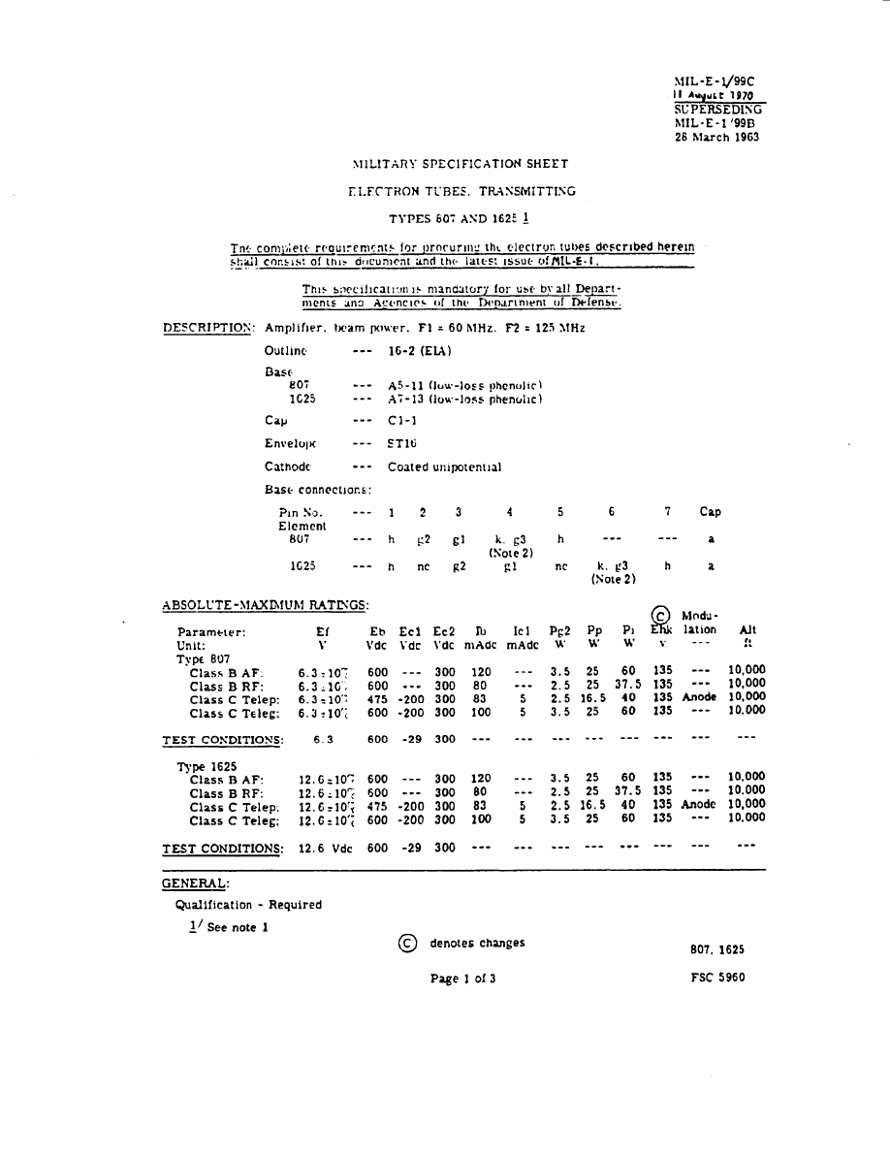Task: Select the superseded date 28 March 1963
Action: pyautogui.click(x=716, y=137)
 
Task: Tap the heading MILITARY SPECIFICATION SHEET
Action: pyautogui.click(x=461, y=164)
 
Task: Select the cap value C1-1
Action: pyautogui.click(x=390, y=421)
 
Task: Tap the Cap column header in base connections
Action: pyautogui.click(x=710, y=512)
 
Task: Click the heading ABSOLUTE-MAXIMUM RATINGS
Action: pyautogui.click(x=265, y=606)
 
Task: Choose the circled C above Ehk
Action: pyautogui.click(x=661, y=615)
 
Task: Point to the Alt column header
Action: pyautogui.click(x=747, y=629)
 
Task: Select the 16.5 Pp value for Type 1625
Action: pyautogui.click(x=593, y=804)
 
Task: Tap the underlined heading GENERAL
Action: pyautogui.click(x=195, y=883)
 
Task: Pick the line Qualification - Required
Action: pyautogui.click(x=248, y=905)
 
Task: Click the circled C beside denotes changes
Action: pyautogui.click(x=408, y=944)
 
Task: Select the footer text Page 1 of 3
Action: pyautogui.click(x=462, y=978)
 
